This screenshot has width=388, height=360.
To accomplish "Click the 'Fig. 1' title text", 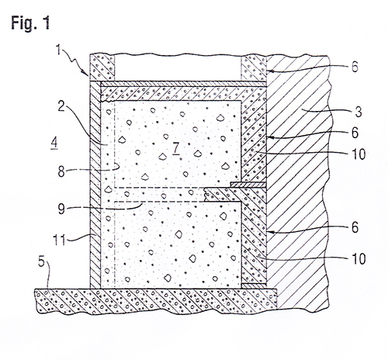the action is point(30,23).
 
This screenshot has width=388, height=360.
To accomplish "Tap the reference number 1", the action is point(58,50).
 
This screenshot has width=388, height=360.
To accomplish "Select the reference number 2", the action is point(61,106).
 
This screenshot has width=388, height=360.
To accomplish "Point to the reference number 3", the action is point(359,112).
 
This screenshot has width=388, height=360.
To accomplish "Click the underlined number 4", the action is point(54,143).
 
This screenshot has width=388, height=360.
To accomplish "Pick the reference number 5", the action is point(41,261).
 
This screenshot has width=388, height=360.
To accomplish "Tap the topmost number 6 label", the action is point(355,67).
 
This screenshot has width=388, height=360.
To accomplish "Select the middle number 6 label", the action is point(355,133).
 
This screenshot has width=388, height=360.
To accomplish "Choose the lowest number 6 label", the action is point(355,227).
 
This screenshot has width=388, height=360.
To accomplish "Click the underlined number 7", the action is point(176,148).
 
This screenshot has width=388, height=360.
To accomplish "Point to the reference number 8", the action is point(61,171).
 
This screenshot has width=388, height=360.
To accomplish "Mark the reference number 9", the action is point(61,209).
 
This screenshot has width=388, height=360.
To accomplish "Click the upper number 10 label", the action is point(359,154).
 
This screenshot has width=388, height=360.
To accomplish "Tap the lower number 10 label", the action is point(359,258).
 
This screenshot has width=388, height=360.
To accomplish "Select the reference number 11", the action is point(59,240).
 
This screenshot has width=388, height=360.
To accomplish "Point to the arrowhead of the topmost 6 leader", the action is point(269,71).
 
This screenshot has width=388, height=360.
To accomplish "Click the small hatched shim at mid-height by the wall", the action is point(248,185).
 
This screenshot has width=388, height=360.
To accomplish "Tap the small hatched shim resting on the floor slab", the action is point(254,286).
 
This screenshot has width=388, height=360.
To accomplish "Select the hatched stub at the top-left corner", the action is point(102,67).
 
